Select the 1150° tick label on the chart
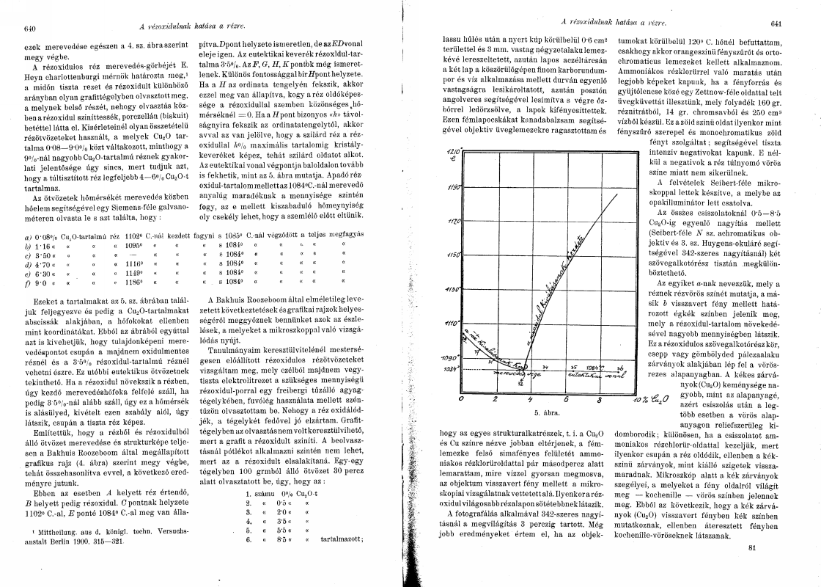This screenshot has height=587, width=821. click(453, 255)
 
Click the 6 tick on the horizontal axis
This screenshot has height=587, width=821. click(567, 400)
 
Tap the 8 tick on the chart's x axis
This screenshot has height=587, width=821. click(601, 400)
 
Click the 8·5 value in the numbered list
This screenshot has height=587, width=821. click(280, 538)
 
